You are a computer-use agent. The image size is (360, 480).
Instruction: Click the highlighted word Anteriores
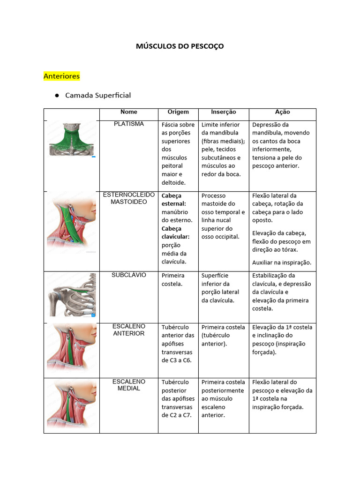[61, 75]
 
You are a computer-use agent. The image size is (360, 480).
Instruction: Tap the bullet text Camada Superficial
[98, 95]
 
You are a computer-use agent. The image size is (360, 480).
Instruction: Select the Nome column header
[129, 112]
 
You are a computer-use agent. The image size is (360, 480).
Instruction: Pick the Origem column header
[178, 112]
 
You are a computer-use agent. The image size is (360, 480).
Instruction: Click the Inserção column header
[223, 112]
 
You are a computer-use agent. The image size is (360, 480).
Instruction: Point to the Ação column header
[282, 112]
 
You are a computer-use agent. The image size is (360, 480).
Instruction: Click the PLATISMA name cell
[129, 124]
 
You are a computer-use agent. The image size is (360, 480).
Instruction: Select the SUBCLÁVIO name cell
[129, 275]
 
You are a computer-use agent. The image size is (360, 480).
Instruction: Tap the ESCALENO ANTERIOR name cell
[129, 330]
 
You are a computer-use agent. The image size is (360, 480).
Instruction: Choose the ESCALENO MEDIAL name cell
[129, 385]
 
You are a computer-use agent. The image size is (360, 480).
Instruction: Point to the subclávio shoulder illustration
[72, 295]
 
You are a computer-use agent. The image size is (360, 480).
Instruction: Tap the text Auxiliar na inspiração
[282, 262]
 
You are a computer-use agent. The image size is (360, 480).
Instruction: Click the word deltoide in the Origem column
[173, 182]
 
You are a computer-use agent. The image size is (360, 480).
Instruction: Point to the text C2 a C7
[177, 415]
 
